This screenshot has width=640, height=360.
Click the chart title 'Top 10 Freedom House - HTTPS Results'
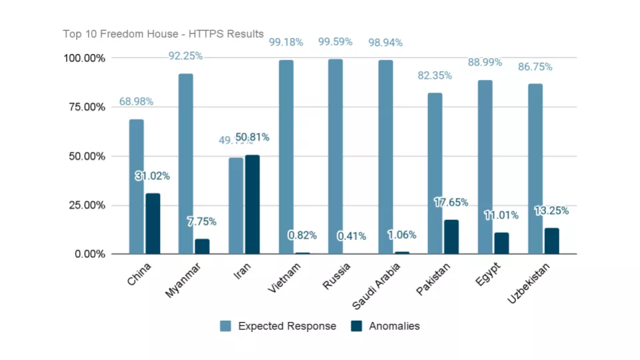(x=163, y=34)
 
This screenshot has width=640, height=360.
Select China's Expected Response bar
(x=136, y=187)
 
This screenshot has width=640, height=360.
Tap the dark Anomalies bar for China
(x=153, y=223)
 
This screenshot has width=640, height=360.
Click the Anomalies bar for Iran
(x=252, y=204)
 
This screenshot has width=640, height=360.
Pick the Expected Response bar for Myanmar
(x=186, y=163)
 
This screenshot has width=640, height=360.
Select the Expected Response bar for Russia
(x=335, y=157)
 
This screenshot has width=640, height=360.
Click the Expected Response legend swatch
(x=225, y=326)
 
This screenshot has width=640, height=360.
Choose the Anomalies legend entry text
(x=394, y=326)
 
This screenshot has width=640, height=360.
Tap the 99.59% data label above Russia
(x=335, y=42)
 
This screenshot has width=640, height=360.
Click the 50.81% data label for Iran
(x=252, y=137)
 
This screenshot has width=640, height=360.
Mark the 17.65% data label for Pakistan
(x=451, y=203)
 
